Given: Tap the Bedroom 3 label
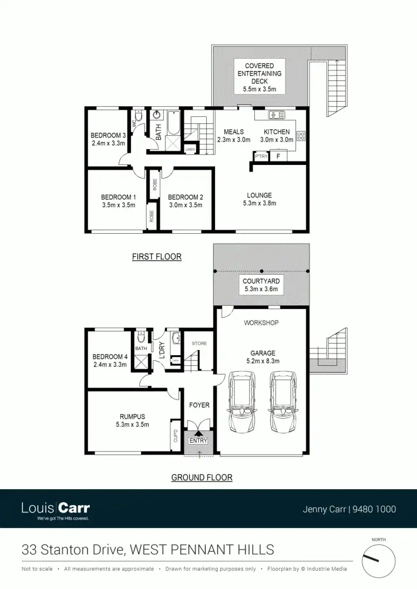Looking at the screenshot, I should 108,135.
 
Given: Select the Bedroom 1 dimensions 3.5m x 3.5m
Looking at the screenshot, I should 118,205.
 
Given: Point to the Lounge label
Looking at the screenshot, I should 259,196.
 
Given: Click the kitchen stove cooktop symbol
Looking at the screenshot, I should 301,136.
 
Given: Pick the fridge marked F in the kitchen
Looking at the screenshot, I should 278,156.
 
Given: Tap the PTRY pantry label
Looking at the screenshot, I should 261,156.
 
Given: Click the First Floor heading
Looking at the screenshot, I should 156,257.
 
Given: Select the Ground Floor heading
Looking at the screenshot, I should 201,477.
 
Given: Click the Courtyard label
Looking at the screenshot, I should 261,281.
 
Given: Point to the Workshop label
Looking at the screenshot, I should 261,323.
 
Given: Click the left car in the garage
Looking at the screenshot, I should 240,402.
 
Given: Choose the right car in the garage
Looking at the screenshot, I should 282,402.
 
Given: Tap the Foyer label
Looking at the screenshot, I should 199,405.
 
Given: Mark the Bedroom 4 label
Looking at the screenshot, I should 110,356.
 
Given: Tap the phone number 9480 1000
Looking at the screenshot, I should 374,510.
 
